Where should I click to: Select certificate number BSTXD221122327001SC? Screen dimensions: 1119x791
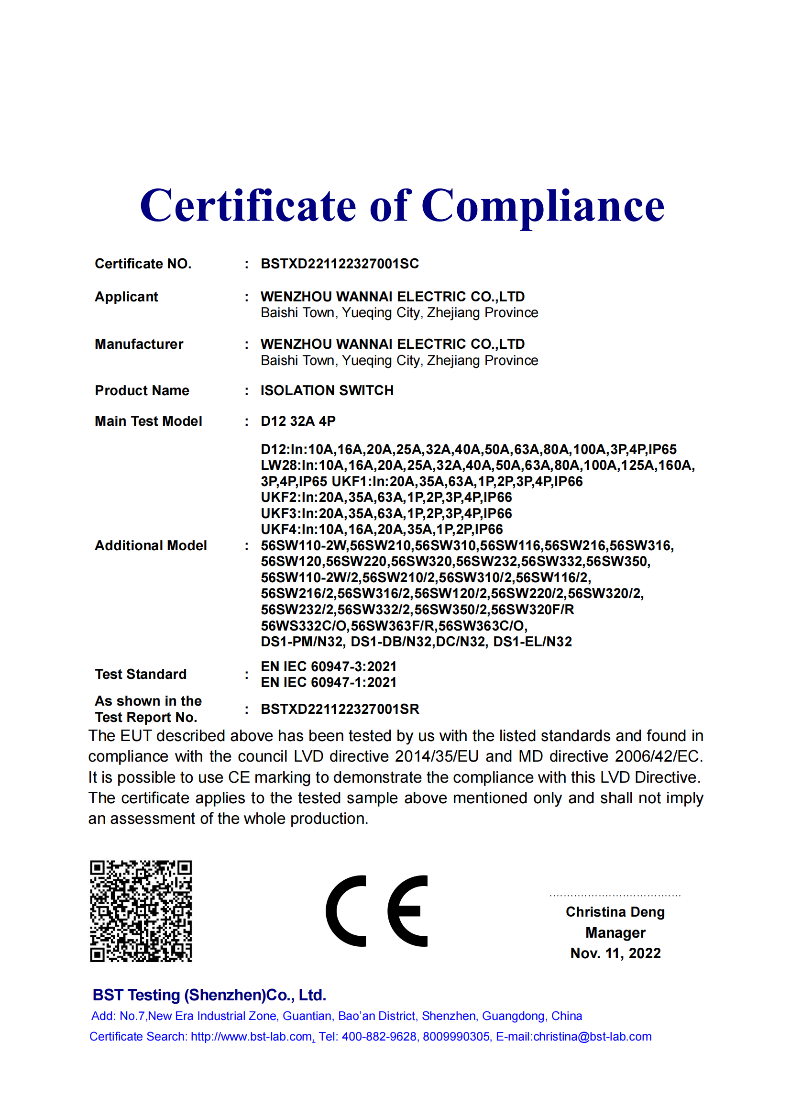pos(340,264)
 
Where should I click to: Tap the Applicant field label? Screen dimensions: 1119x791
pos(126,297)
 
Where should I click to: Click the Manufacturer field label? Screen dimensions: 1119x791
pos(139,344)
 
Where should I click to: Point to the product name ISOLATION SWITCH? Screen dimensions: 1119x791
pos(327,390)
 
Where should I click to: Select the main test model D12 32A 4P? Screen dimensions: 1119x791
pos(298,421)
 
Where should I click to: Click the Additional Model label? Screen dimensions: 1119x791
pos(151,545)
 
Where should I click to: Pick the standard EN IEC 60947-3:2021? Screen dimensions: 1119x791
pos(329,666)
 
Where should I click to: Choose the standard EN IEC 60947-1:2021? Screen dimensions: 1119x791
pos(329,682)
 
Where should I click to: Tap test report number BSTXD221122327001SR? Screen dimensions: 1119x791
pos(340,709)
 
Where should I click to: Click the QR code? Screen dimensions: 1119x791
pos(141,911)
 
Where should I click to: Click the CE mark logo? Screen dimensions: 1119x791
pos(376,911)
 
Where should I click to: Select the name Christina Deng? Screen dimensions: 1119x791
pos(615,912)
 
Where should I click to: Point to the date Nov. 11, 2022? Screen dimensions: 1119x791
pos(615,953)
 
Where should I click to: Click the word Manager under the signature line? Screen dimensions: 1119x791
pos(615,933)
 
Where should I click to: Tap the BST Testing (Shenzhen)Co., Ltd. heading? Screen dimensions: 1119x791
pos(209,995)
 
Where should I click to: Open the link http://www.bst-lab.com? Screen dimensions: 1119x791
pos(252,1037)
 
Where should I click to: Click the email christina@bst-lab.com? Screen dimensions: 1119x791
pos(592,1037)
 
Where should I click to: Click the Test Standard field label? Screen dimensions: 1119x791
pos(141,674)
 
